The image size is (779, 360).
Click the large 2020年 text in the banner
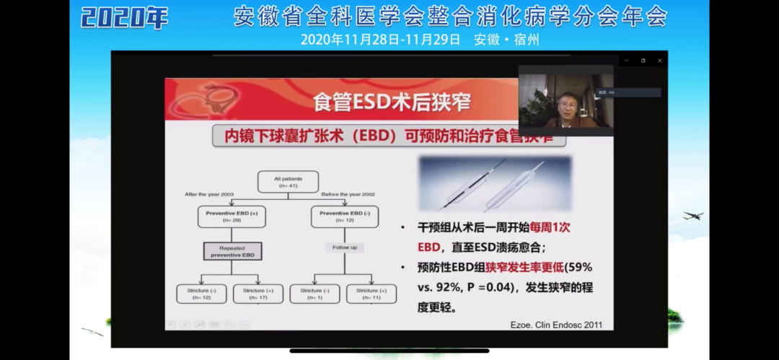click(x=124, y=17)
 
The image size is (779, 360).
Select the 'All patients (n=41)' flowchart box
click(x=287, y=182)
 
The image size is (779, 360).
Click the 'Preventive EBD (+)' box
click(x=231, y=216)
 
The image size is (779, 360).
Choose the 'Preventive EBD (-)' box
click(x=344, y=216)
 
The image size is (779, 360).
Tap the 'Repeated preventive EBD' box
click(x=231, y=250)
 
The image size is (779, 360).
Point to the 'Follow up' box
click(x=344, y=247)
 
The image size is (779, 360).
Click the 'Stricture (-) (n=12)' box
click(x=202, y=294)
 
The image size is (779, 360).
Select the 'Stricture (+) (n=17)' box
click(x=258, y=294)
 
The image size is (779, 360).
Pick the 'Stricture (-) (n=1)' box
click(x=315, y=294)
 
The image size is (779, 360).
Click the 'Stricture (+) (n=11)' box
click(x=371, y=294)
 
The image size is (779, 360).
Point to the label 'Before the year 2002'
click(x=349, y=194)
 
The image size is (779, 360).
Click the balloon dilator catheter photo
click(x=495, y=184)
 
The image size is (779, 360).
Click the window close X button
click(x=659, y=61)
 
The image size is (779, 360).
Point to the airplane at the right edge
click(x=692, y=216)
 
